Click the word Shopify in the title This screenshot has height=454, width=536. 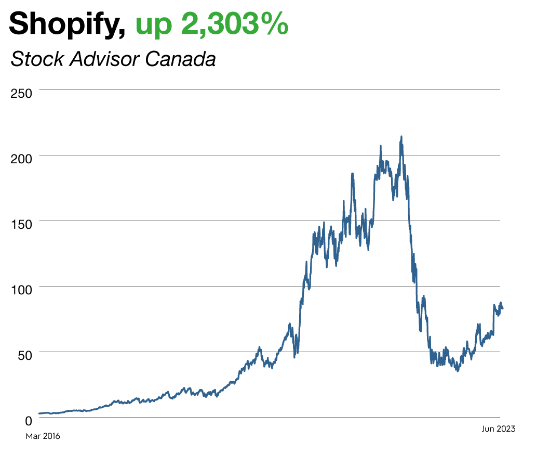click(65, 24)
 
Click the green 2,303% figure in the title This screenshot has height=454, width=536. click(234, 24)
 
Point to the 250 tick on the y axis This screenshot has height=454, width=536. click(21, 93)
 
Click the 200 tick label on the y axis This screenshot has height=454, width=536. click(21, 158)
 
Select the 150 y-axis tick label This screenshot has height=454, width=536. click(21, 224)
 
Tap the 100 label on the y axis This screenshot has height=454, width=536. click(21, 289)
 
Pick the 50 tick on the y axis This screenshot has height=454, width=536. click(24, 355)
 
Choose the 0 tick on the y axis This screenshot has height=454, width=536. click(29, 420)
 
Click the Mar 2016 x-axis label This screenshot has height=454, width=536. click(43, 436)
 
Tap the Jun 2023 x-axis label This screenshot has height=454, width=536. click(498, 429)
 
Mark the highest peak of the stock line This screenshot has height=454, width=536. click(401, 137)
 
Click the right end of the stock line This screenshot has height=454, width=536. click(502, 308)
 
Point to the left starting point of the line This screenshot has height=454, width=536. click(39, 413)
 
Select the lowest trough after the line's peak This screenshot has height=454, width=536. click(457, 371)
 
